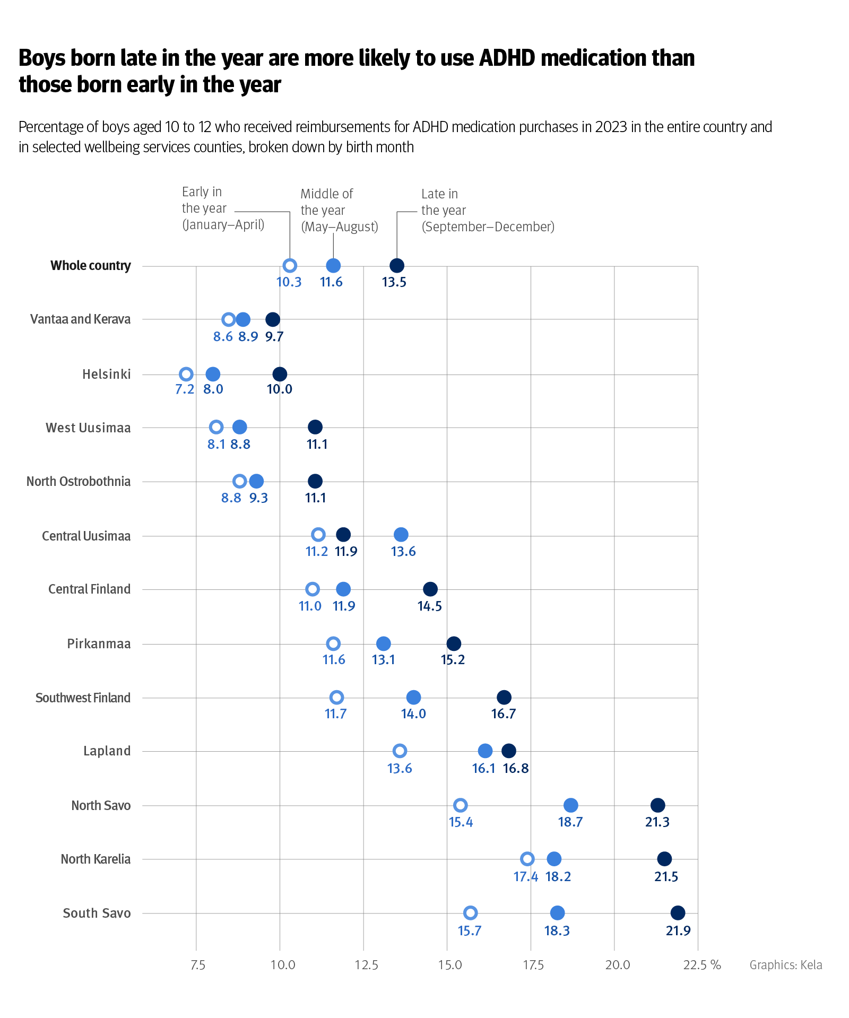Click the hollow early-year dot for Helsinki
pyautogui.click(x=186, y=374)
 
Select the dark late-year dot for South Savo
pyautogui.click(x=678, y=913)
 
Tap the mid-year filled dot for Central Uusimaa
pyautogui.click(x=401, y=535)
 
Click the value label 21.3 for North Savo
pyautogui.click(x=657, y=822)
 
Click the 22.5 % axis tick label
pyautogui.click(x=701, y=965)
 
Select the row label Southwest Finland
pyautogui.click(x=83, y=698)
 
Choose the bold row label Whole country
pyautogui.click(x=90, y=266)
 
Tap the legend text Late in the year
pyautogui.click(x=443, y=202)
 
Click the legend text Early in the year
pyautogui.click(x=204, y=200)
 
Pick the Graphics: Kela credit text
pyautogui.click(x=785, y=965)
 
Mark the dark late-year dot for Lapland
pyautogui.click(x=508, y=751)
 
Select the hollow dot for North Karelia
pyautogui.click(x=527, y=859)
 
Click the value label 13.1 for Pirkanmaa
pyautogui.click(x=383, y=660)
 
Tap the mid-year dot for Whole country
pyautogui.click(x=333, y=266)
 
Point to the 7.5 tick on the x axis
pyautogui.click(x=197, y=965)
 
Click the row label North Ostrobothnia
pyautogui.click(x=79, y=482)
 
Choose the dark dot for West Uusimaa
pyautogui.click(x=315, y=427)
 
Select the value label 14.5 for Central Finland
pyautogui.click(x=429, y=606)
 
